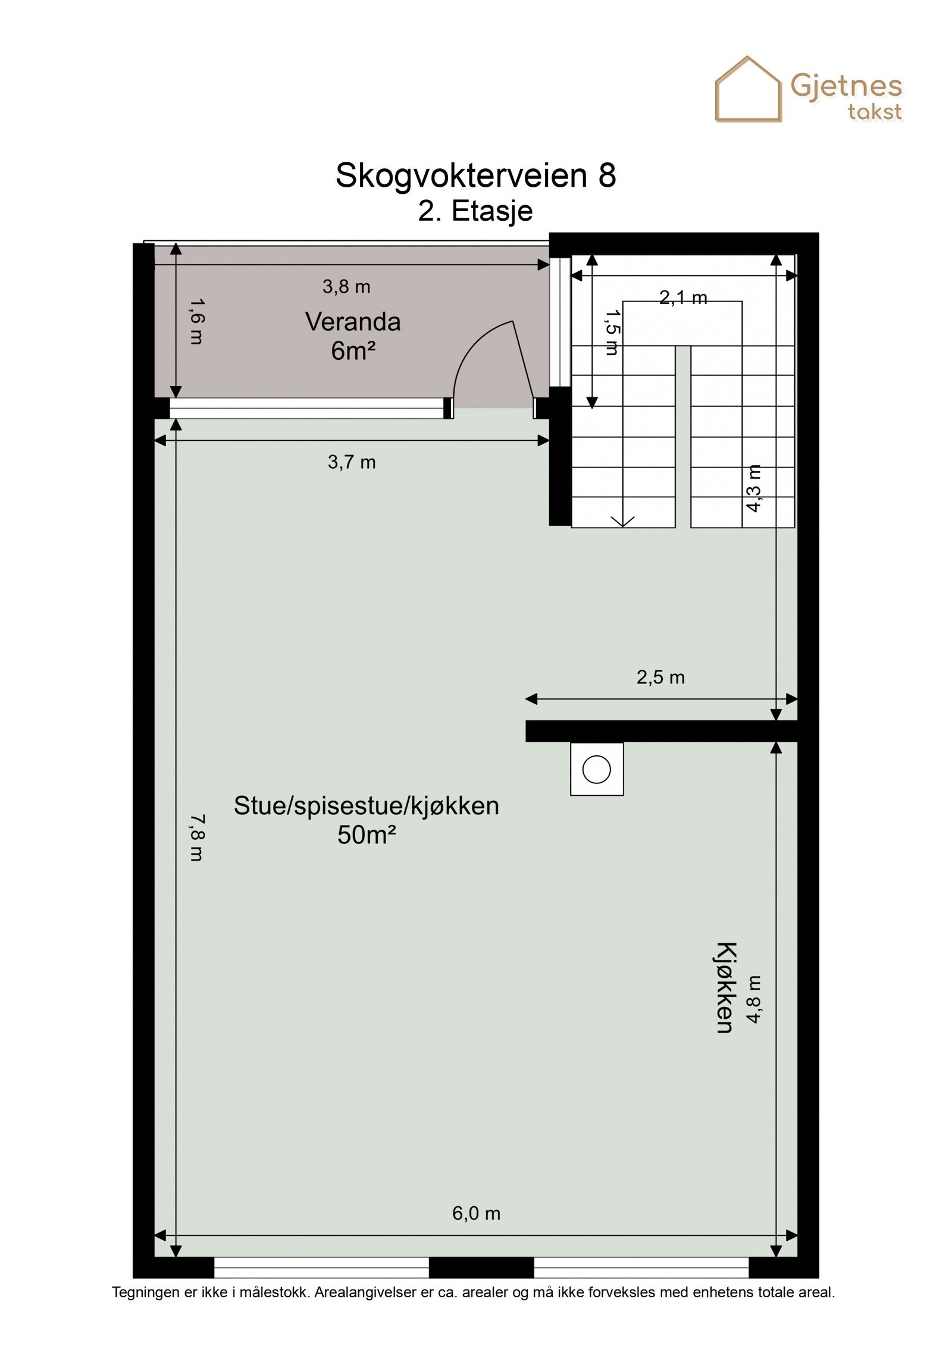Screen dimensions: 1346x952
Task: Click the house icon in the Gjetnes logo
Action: (x=747, y=90)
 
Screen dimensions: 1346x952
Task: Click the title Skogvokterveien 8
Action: (x=475, y=175)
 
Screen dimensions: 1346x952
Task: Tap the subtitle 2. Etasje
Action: (x=475, y=211)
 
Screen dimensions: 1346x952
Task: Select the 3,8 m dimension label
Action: (x=346, y=287)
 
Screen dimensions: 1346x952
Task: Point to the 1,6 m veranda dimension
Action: (x=196, y=321)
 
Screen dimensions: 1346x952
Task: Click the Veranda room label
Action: (x=353, y=322)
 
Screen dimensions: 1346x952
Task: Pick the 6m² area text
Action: (x=353, y=351)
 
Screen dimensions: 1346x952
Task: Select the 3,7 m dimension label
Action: (x=352, y=462)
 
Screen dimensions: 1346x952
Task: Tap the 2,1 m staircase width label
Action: (x=683, y=297)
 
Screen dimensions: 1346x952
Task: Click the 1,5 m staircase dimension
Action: (x=611, y=332)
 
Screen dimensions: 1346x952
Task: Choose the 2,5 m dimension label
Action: (x=660, y=677)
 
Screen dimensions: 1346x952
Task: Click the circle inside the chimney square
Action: (x=596, y=769)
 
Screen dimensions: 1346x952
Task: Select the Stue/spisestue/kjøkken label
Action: (x=366, y=807)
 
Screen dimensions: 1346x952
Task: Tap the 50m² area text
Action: (x=366, y=835)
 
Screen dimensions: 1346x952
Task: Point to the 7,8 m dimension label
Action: (x=196, y=838)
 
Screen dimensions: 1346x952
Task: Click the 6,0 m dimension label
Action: (x=476, y=1213)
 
